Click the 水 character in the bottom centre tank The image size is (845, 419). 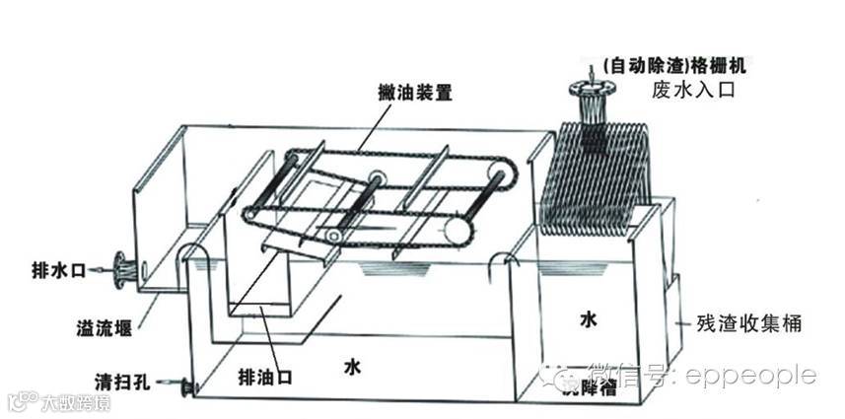click(352, 368)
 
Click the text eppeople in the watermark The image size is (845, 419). click(759, 375)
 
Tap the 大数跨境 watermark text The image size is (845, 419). click(75, 402)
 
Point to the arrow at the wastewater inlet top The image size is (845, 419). click(591, 72)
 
